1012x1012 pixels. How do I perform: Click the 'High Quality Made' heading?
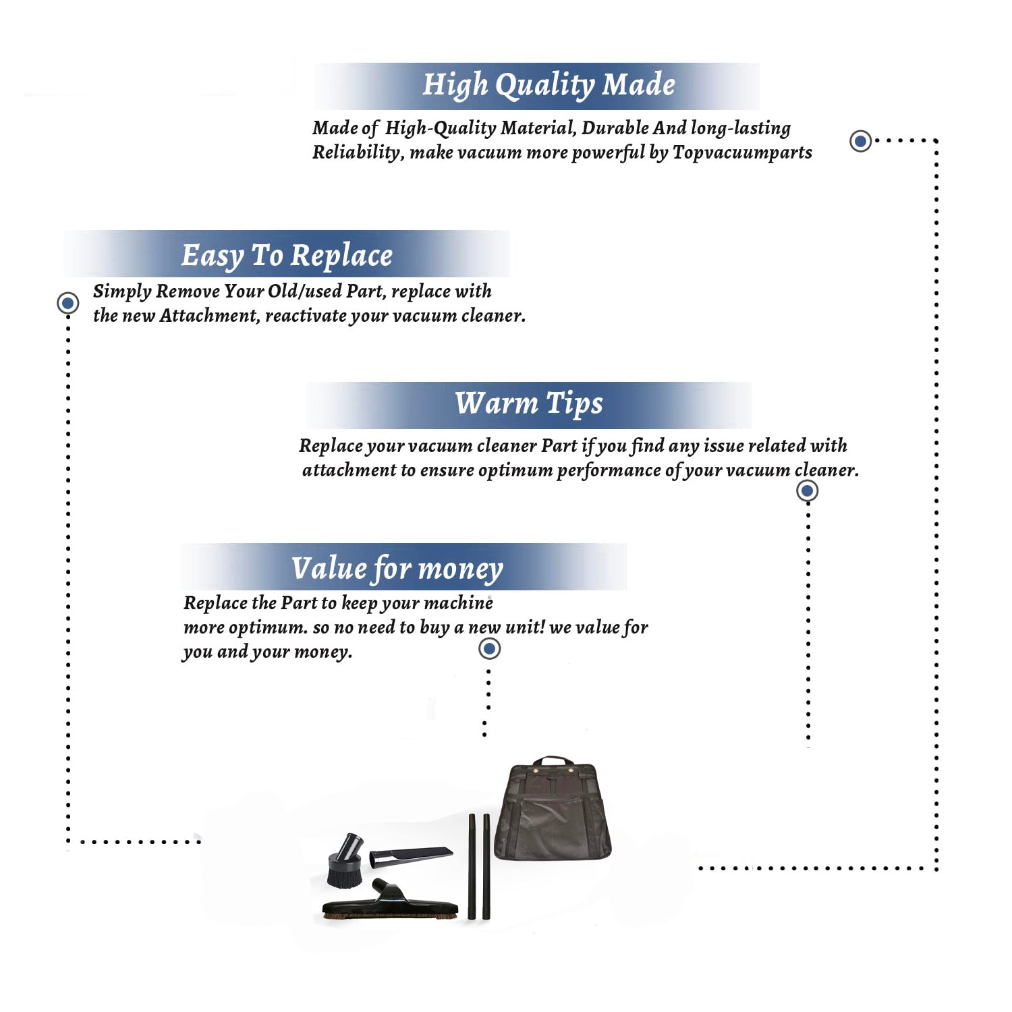(549, 86)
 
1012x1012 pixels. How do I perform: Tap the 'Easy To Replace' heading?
(287, 256)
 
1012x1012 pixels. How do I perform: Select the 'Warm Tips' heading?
(529, 404)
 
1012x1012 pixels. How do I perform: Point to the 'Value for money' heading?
(397, 569)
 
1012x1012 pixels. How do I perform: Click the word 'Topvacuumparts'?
(742, 153)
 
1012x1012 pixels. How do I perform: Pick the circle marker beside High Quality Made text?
(860, 141)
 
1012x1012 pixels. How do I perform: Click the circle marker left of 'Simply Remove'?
(67, 303)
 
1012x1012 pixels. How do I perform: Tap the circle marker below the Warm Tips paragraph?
(807, 490)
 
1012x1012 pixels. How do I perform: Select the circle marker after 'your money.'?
(489, 649)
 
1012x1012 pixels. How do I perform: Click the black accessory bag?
(553, 810)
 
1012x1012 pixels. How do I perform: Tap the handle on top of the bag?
(553, 760)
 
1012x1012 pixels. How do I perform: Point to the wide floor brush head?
(390, 901)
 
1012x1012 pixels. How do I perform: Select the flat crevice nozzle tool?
(410, 856)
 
